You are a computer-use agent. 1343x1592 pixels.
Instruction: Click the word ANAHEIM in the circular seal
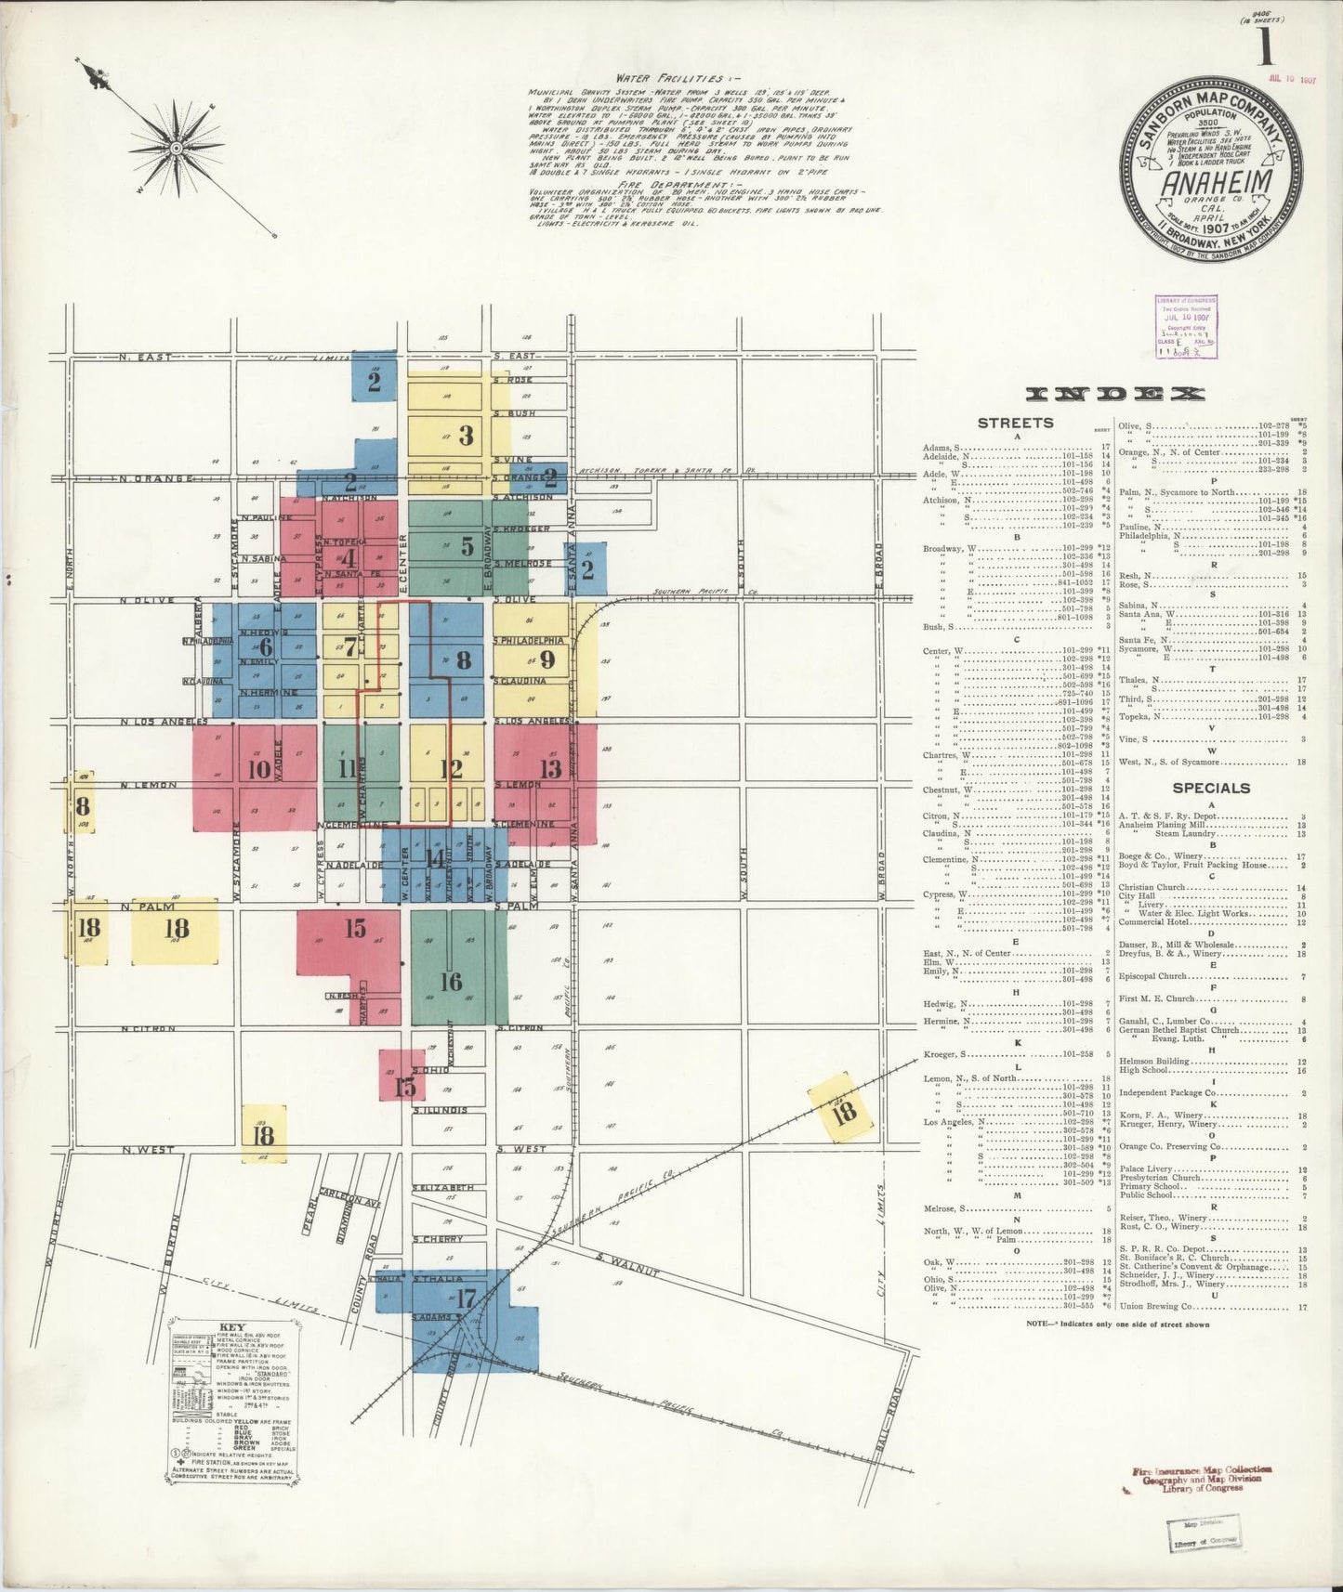[x=1215, y=184]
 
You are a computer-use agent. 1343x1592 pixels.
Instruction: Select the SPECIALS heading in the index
[x=1211, y=788]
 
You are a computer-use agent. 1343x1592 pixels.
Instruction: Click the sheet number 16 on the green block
[x=452, y=982]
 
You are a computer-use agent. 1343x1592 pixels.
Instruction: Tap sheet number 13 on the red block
[x=550, y=769]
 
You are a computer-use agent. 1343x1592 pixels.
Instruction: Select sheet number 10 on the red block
[x=259, y=769]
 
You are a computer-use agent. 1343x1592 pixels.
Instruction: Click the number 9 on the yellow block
[x=546, y=659]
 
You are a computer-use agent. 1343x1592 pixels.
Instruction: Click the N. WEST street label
[x=148, y=1150]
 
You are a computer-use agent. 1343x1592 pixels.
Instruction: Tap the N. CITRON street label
[x=149, y=1030]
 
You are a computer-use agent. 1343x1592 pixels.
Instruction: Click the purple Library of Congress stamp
[x=1187, y=327]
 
